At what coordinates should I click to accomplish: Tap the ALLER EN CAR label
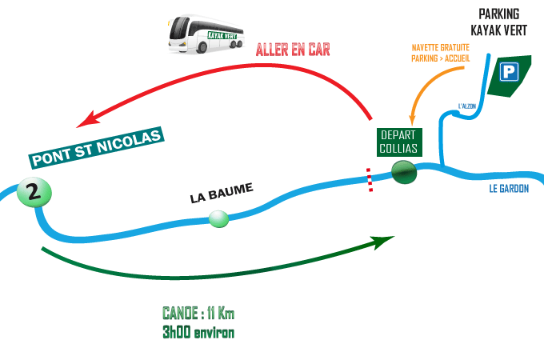[292, 49]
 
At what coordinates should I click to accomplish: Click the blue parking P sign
[507, 73]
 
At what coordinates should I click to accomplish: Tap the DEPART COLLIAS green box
[398, 142]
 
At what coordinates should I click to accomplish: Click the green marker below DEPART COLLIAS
[405, 172]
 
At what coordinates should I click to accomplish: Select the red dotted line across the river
[370, 180]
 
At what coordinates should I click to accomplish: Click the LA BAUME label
[221, 193]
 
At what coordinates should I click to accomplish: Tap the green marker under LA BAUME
[218, 218]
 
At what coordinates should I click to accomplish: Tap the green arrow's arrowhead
[387, 239]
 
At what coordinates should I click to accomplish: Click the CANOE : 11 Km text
[198, 313]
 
